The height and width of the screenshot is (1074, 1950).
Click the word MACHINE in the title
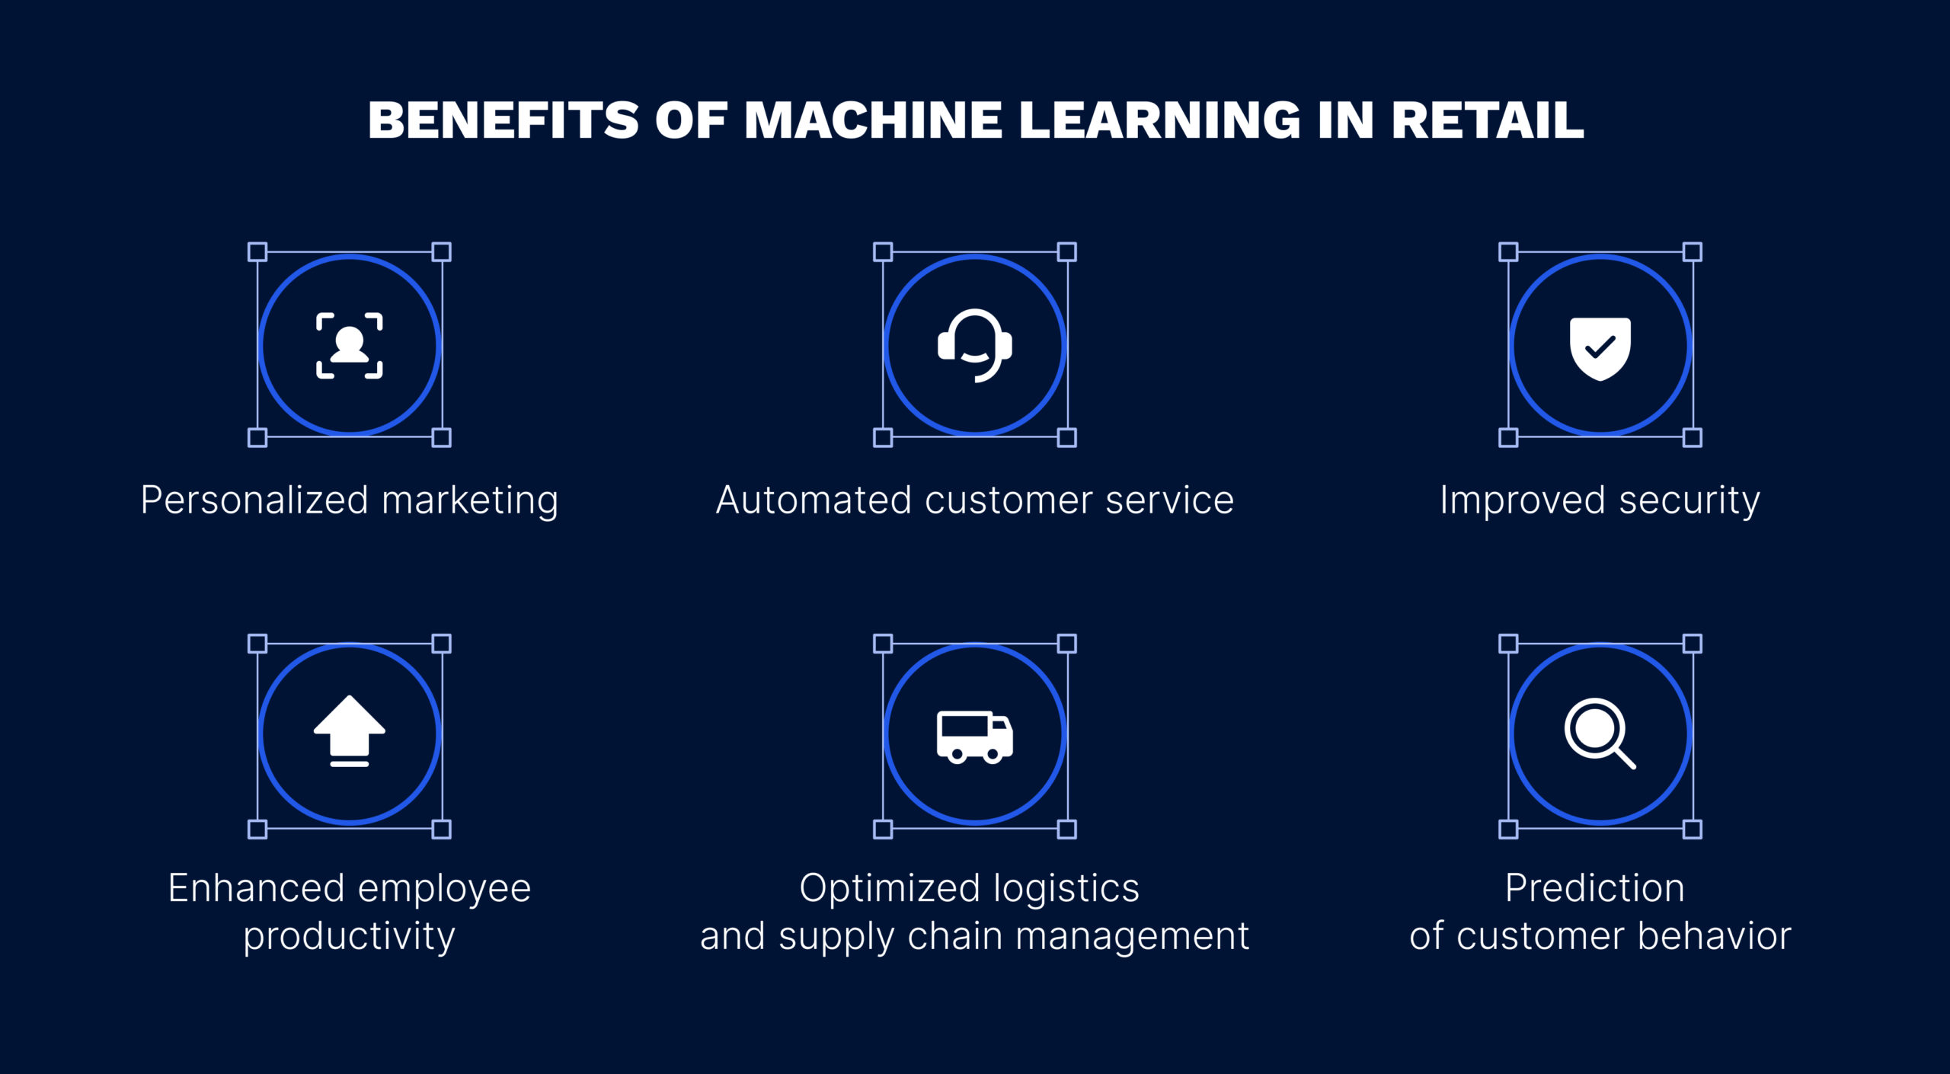tap(873, 120)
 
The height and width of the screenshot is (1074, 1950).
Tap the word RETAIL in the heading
tap(1488, 120)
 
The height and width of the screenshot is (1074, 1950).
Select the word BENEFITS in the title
tap(503, 120)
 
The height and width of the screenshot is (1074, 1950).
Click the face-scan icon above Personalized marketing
tap(350, 345)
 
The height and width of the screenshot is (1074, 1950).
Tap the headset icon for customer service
tap(975, 345)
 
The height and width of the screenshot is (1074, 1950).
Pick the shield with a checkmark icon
tap(1600, 348)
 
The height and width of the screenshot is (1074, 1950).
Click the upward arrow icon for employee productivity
tap(350, 730)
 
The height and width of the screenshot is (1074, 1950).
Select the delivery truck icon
tap(975, 737)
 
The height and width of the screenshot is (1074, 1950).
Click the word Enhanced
tap(257, 888)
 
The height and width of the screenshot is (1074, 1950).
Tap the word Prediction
tap(1595, 888)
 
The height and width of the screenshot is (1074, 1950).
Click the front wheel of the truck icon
tap(993, 755)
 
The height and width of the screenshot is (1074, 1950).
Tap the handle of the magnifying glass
tap(1625, 758)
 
